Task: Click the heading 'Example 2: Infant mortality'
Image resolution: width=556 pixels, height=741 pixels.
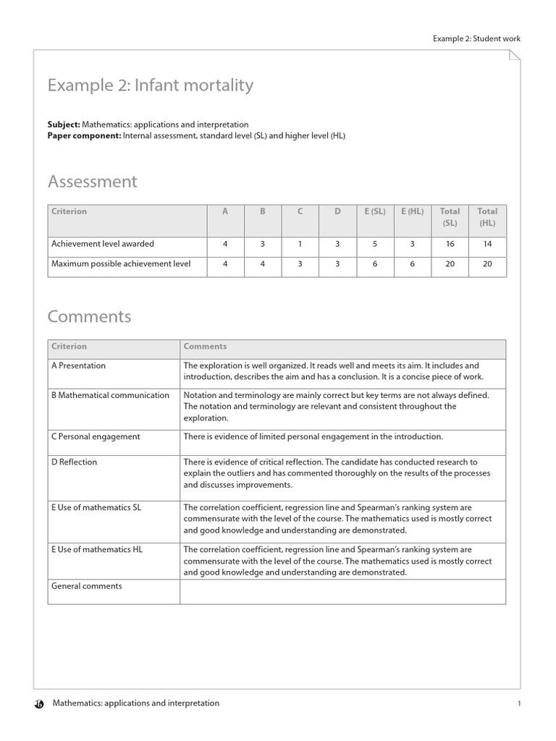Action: [x=151, y=85]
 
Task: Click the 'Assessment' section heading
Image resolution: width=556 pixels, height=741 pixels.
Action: [x=93, y=182]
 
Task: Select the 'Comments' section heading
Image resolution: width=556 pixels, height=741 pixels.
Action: [x=90, y=317]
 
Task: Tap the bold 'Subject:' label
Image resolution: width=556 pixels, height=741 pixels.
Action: [x=64, y=124]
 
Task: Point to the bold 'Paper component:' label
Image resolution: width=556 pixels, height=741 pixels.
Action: [x=84, y=135]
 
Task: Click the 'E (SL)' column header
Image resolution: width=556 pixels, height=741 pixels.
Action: [x=375, y=211]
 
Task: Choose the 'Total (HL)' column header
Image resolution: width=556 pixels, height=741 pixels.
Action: [x=487, y=217]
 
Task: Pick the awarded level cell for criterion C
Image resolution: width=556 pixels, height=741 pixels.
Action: [x=300, y=244]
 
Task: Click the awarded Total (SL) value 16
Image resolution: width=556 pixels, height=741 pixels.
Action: [x=450, y=244]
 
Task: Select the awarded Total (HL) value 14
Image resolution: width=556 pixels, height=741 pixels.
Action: [x=487, y=244]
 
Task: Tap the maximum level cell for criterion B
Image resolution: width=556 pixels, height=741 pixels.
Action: [x=263, y=264]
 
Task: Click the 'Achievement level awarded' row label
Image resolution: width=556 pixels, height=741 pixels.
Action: [x=103, y=244]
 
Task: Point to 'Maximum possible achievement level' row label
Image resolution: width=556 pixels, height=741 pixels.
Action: [x=121, y=264]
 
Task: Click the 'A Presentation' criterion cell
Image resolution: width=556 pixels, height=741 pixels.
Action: [x=78, y=366]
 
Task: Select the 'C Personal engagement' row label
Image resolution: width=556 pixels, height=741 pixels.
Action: [x=96, y=437]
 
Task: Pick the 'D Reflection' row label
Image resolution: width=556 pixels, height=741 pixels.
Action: [x=74, y=462]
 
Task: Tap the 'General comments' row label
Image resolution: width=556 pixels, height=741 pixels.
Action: [x=86, y=586]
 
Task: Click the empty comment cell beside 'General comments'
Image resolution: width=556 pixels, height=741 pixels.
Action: [x=342, y=592]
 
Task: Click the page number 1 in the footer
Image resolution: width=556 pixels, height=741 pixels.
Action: [x=519, y=703]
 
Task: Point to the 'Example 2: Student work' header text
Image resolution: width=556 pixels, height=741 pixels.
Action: [x=476, y=39]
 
